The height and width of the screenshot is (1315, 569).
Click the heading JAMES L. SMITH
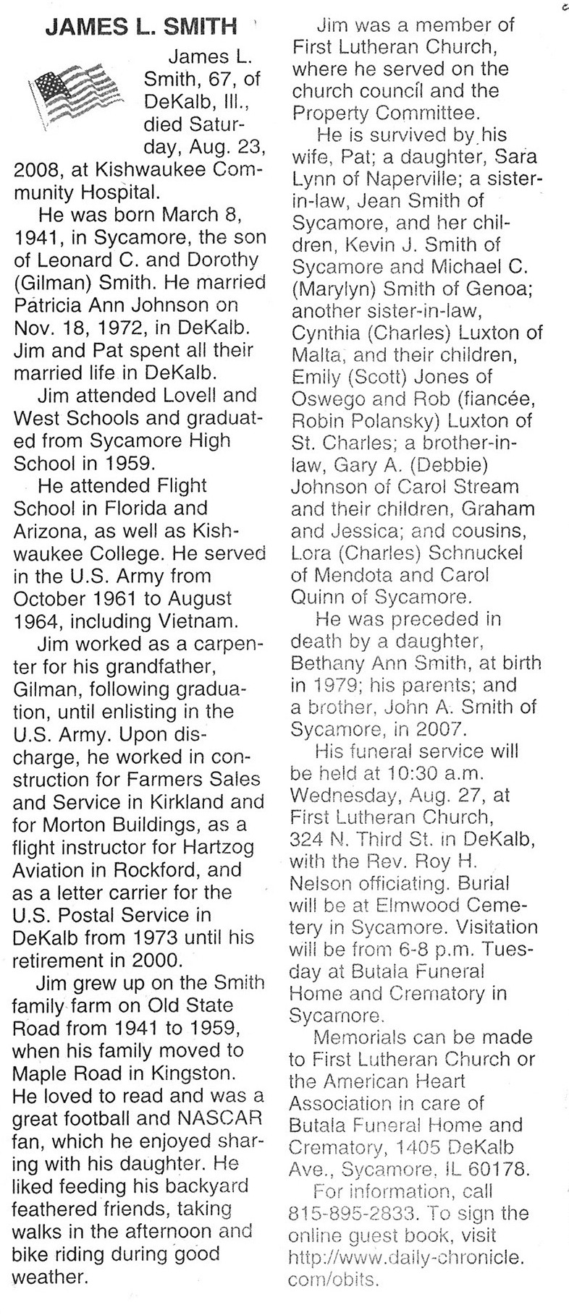pyautogui.click(x=141, y=27)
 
